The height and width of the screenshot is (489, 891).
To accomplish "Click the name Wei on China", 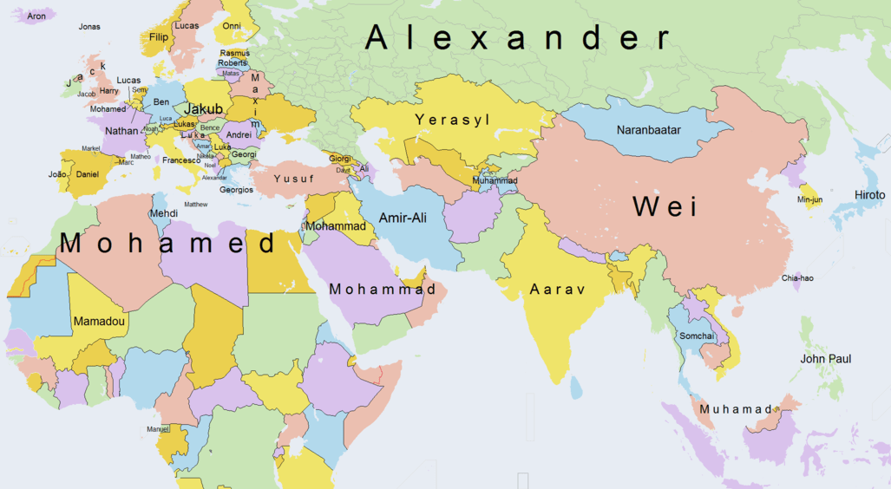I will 665,206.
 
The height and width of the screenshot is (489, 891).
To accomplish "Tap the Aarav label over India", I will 558,290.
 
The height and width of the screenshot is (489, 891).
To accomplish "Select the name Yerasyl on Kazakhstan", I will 452,119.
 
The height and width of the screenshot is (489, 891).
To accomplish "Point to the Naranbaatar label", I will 649,130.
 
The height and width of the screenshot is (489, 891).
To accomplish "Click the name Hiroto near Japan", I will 869,195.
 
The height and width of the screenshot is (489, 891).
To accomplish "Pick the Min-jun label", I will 809,200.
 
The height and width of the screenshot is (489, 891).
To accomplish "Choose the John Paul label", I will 825,359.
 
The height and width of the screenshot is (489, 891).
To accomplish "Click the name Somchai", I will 697,336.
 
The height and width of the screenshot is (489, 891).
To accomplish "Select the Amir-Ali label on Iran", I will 403,217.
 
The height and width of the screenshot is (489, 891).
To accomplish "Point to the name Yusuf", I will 293,179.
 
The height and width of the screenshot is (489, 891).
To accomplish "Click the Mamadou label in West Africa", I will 99,322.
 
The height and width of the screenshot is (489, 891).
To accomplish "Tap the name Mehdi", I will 164,213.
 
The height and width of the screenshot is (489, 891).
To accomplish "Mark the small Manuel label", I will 158,428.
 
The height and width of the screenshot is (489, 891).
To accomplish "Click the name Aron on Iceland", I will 36,16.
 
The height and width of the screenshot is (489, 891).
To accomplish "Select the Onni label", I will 232,27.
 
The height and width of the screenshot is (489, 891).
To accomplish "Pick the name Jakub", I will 204,109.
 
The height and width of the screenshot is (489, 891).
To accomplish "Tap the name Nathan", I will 121,131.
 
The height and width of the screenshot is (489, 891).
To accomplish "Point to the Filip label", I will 159,38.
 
